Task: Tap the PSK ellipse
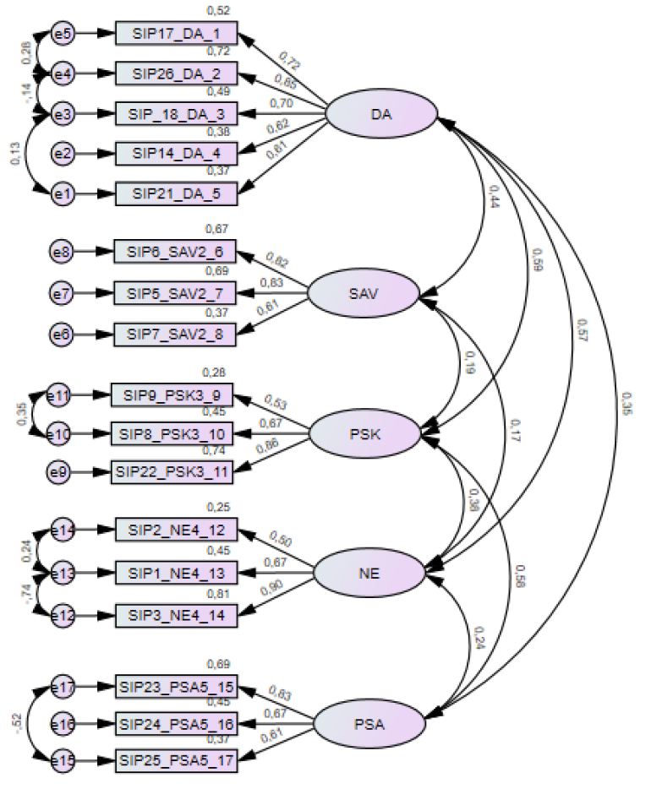[364, 435]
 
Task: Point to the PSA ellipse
[369, 723]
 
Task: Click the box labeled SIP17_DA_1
[176, 34]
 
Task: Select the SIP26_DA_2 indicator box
[176, 73]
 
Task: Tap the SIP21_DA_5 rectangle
[176, 193]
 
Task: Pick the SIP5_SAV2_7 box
[176, 294]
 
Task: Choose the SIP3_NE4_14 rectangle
[177, 616]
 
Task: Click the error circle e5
[62, 34]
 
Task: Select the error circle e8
[61, 251]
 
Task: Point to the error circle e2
[62, 155]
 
